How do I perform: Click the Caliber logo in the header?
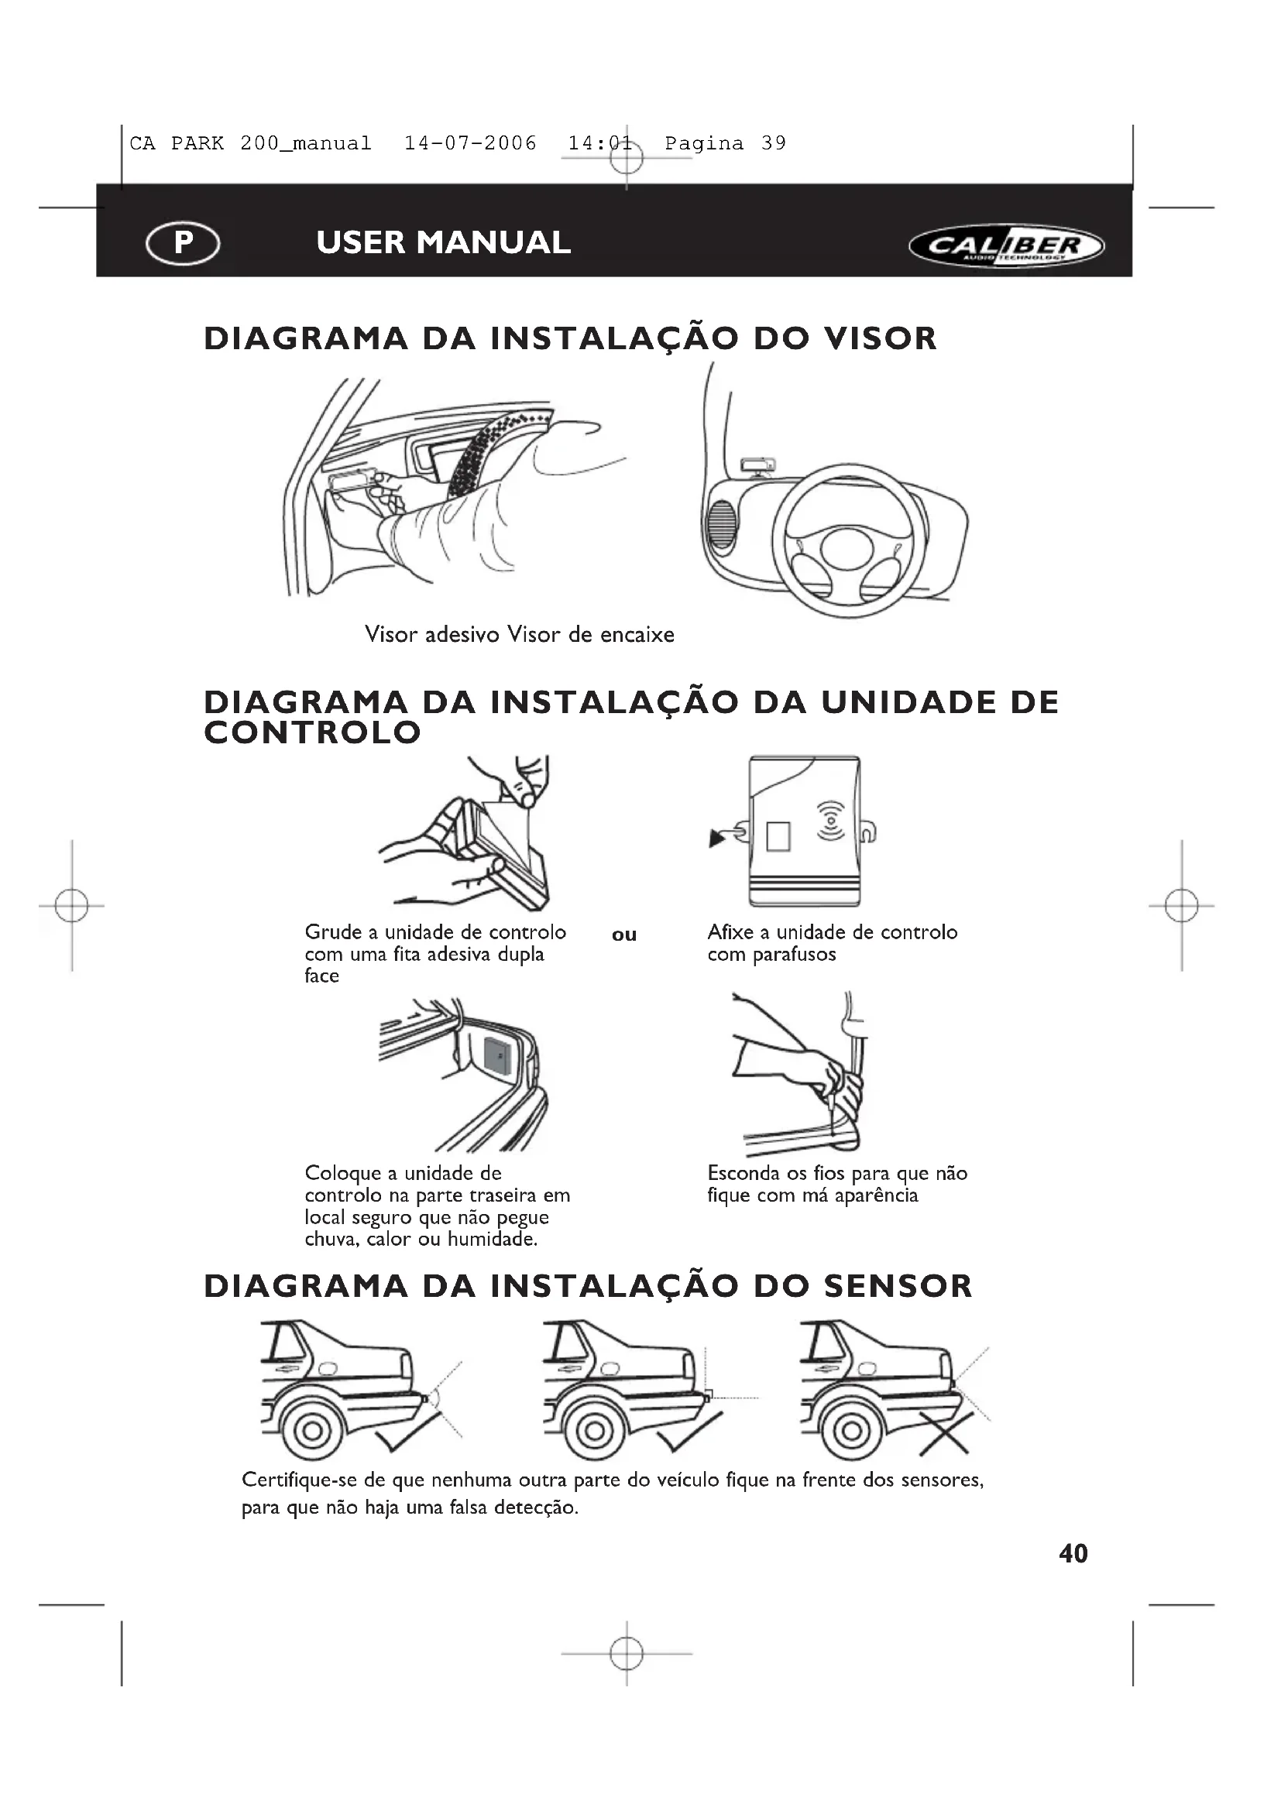tap(1007, 245)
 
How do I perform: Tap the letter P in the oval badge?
tap(183, 242)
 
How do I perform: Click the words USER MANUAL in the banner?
tap(443, 242)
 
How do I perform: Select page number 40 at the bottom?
tap(1073, 1554)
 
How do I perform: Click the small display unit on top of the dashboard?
tap(757, 465)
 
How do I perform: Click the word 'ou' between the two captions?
tap(624, 935)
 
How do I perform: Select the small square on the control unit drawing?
tap(778, 836)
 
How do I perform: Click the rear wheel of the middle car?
tap(595, 1431)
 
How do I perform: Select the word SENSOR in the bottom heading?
tap(898, 1287)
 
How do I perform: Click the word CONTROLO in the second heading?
tap(312, 732)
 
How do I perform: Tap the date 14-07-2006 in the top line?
tap(470, 143)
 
